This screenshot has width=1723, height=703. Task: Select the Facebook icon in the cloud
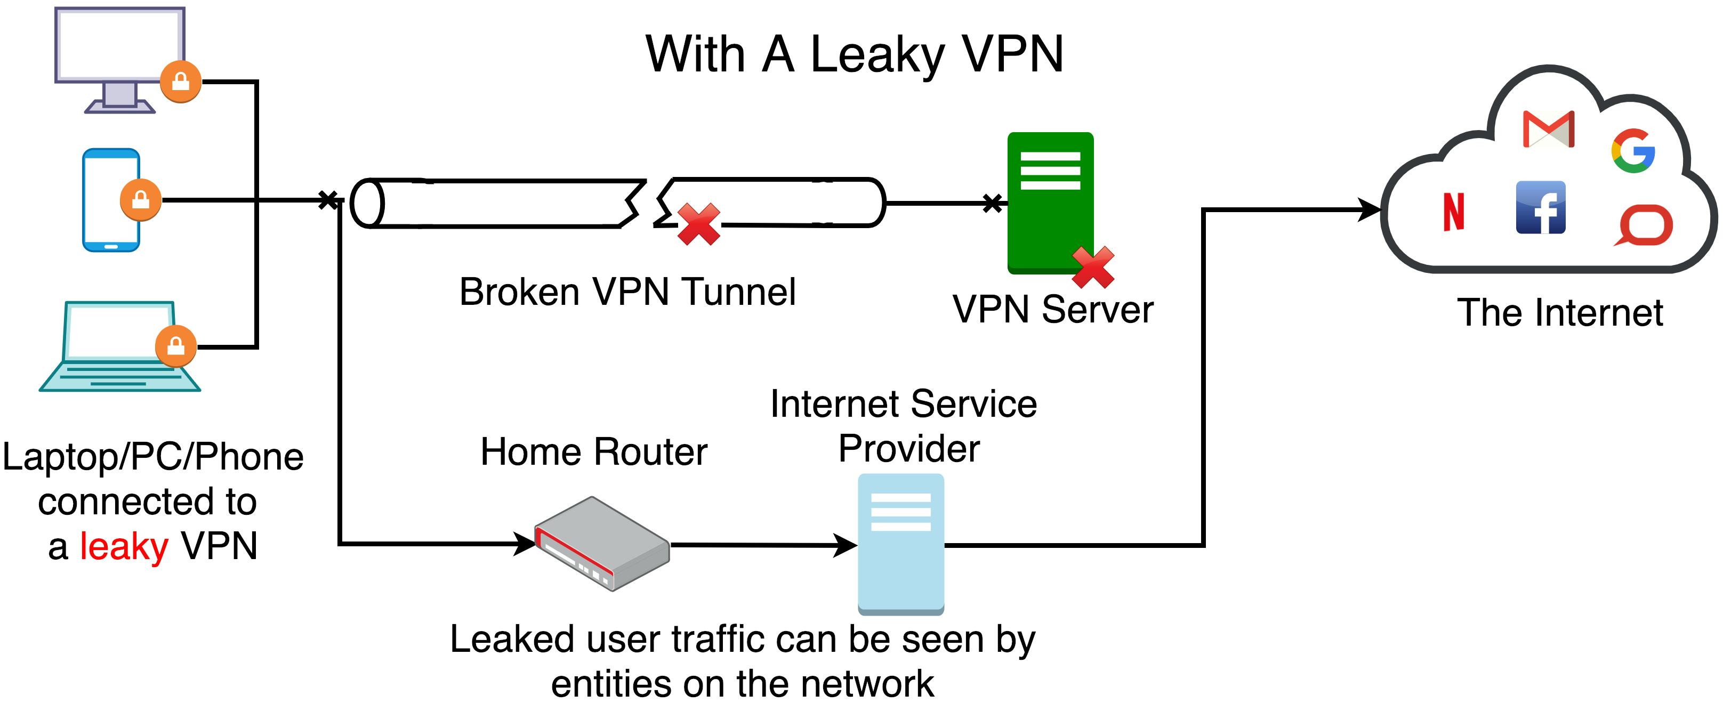point(1540,207)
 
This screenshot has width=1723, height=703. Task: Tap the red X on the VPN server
point(1093,267)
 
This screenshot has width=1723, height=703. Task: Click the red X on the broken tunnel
point(698,224)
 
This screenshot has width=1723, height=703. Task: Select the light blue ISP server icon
point(901,543)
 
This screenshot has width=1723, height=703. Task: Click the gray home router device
point(602,543)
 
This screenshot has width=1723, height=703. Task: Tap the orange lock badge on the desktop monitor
point(181,82)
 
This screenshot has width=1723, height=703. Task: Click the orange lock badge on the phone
point(140,199)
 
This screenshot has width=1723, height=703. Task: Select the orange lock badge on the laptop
point(176,346)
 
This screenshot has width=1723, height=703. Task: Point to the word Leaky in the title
point(877,55)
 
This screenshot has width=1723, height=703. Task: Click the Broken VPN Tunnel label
point(627,292)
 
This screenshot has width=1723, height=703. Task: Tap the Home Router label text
point(593,451)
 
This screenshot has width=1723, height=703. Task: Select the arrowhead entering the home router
point(525,543)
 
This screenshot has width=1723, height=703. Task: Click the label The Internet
point(1560,313)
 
